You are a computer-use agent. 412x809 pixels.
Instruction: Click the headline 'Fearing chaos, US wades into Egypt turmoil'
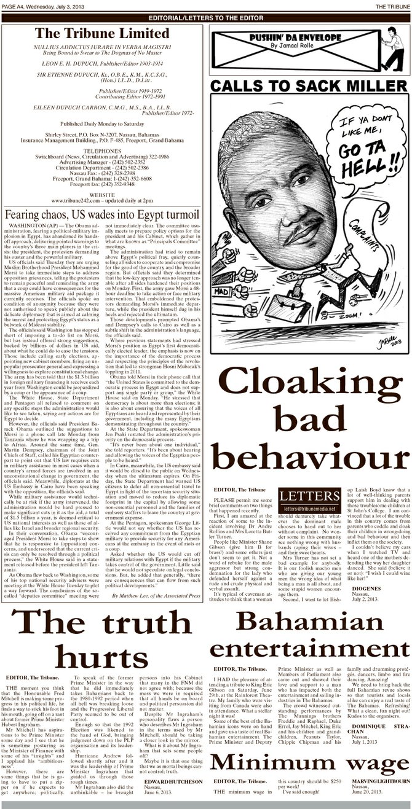[100, 215]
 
